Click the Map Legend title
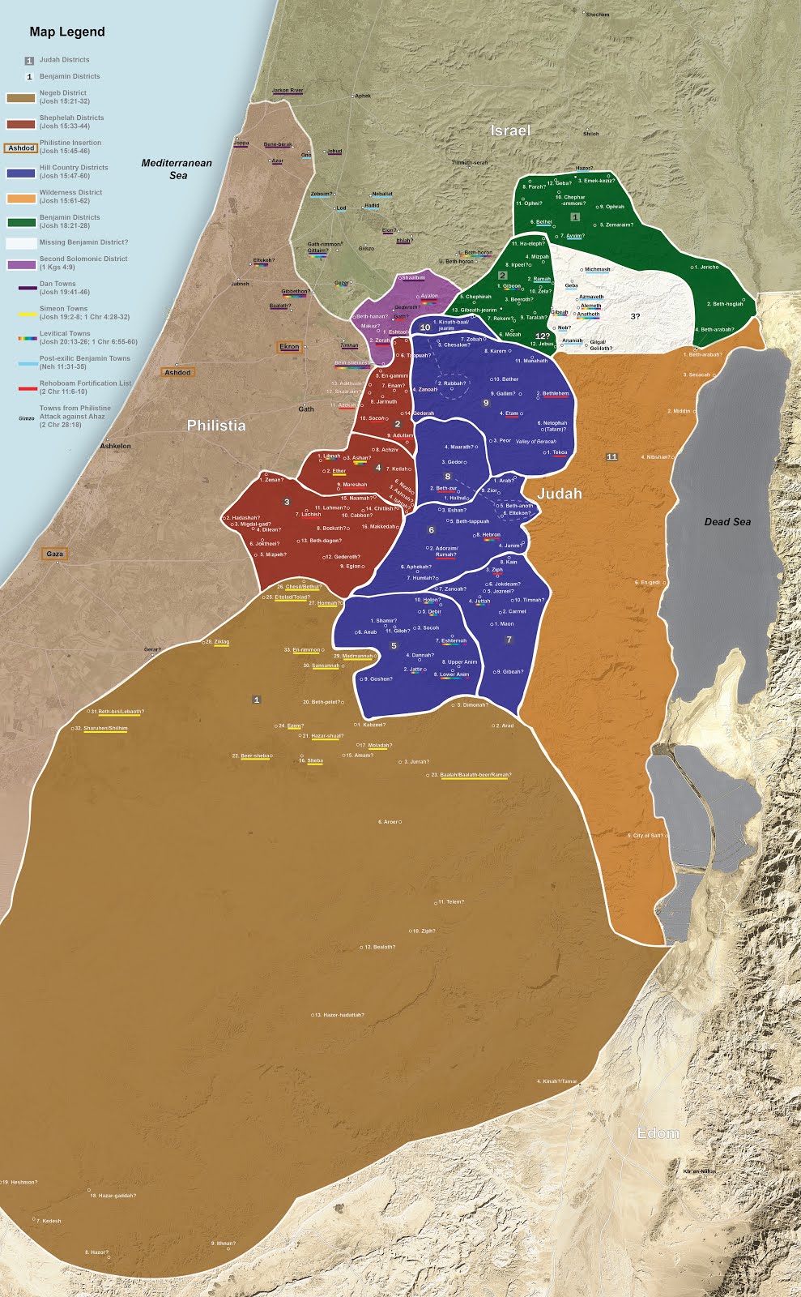point(67,32)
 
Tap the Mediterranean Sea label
point(177,169)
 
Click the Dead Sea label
point(726,522)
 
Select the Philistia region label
point(215,426)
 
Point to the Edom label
point(658,1133)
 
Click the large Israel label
point(510,131)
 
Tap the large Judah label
point(559,493)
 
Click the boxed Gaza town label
point(54,554)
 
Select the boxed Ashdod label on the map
point(177,372)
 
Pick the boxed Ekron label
point(289,347)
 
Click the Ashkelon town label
point(115,446)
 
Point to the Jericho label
point(707,267)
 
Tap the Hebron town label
point(490,535)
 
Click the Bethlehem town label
point(555,394)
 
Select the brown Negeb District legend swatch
point(21,98)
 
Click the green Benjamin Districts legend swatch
point(21,222)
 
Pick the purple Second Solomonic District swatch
point(21,264)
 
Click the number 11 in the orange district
point(612,457)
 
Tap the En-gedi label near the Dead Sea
point(651,582)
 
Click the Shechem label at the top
point(597,15)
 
